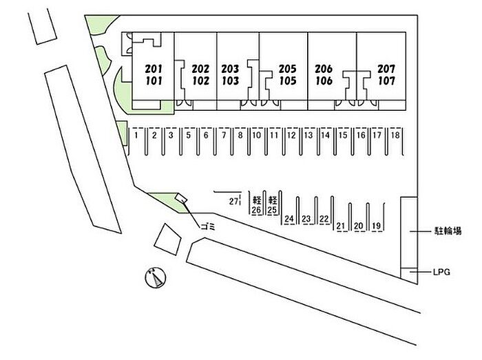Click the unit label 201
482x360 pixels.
click(x=154, y=69)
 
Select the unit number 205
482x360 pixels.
click(x=287, y=69)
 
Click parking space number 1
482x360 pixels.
click(x=138, y=136)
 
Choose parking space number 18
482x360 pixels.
click(x=395, y=136)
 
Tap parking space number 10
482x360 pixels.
click(x=256, y=136)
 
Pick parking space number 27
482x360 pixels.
click(x=233, y=201)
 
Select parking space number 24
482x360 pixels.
click(x=289, y=220)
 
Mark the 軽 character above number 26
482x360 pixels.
click(x=256, y=200)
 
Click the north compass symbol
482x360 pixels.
click(x=155, y=278)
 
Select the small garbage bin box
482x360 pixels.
click(x=181, y=200)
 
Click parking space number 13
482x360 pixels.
click(x=308, y=136)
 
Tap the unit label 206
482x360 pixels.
click(x=324, y=69)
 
